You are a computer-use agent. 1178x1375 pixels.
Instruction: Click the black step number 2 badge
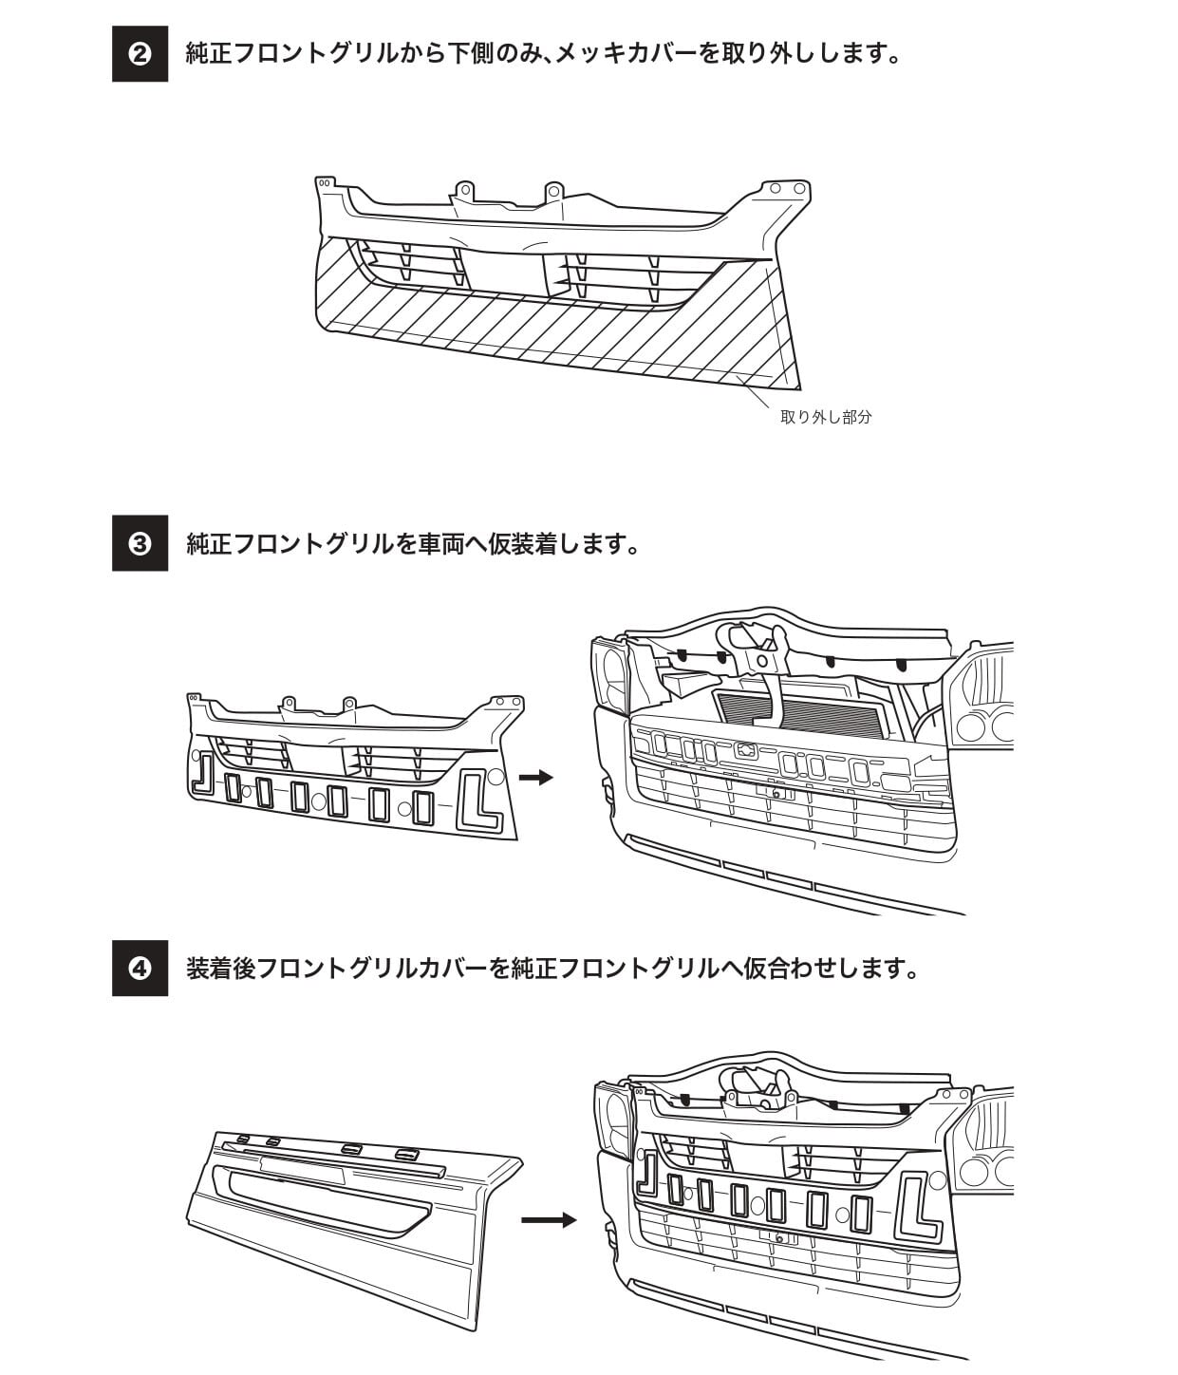(140, 54)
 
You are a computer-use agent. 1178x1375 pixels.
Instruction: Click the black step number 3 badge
(140, 544)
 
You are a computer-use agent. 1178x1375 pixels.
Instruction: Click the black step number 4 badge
(140, 969)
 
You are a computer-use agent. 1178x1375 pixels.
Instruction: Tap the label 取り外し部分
(825, 417)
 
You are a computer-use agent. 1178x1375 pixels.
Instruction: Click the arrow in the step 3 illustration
(536, 778)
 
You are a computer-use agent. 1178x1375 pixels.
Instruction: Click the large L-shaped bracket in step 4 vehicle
(917, 1209)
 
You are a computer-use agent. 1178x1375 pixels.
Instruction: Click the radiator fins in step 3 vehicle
(803, 712)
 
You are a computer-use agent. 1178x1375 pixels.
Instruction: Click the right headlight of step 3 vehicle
(983, 699)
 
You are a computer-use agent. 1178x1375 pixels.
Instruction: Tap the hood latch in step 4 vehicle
(757, 1088)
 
